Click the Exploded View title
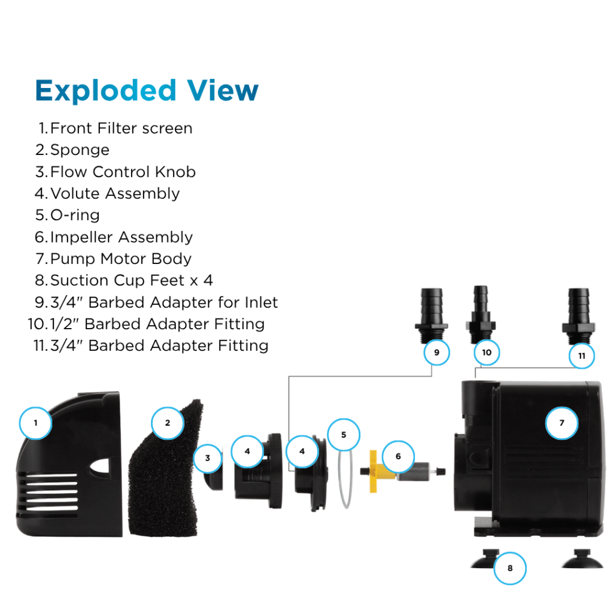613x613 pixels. (147, 90)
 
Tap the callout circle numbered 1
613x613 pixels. (35, 423)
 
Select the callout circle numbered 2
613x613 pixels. (168, 423)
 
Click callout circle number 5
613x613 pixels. (344, 435)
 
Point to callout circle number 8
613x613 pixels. (510, 568)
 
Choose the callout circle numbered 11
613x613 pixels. (581, 356)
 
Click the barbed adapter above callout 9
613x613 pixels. (432, 309)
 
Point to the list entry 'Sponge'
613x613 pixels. (80, 150)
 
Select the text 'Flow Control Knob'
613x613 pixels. (123, 172)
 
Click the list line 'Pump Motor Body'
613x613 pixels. (121, 259)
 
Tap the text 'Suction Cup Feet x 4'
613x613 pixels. (131, 280)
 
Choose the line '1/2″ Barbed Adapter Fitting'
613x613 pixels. (174, 324)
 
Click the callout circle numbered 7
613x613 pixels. (562, 423)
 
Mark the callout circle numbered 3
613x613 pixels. (208, 459)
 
